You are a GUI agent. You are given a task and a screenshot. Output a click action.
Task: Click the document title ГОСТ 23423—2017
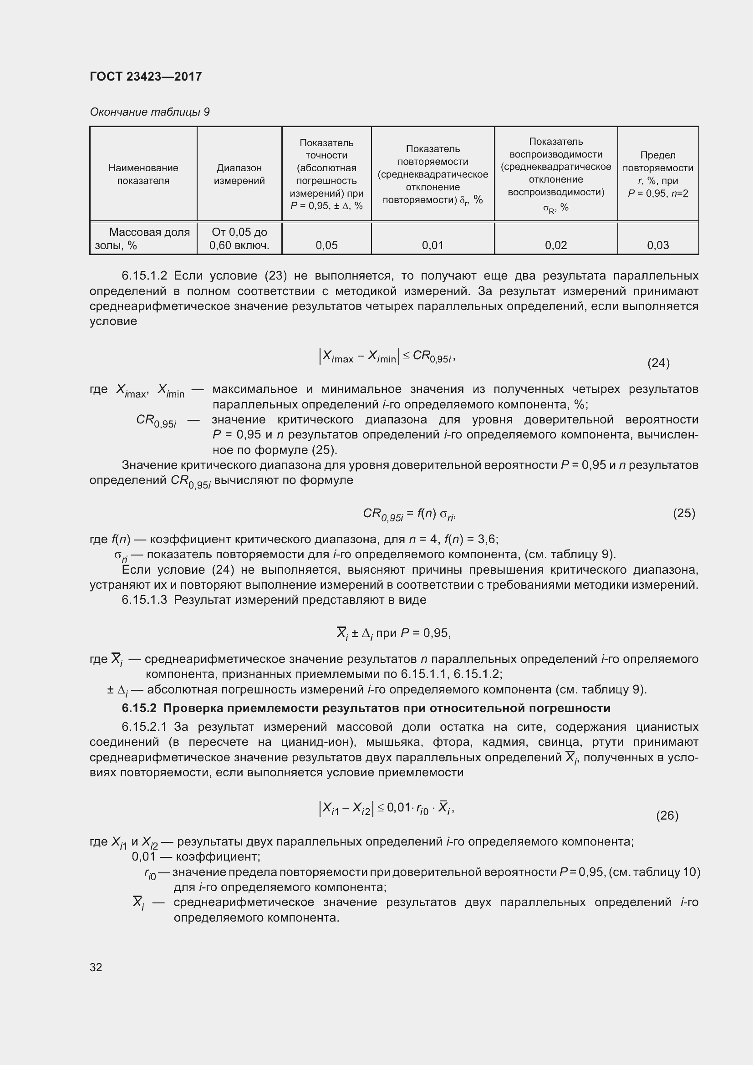pos(146,76)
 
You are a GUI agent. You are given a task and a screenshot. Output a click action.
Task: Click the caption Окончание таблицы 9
pos(149,112)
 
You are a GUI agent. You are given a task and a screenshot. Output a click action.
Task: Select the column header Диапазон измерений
pos(239,174)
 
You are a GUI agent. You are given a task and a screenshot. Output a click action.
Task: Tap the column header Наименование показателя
pos(143,174)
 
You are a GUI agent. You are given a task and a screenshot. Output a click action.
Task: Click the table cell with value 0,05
pos(326,245)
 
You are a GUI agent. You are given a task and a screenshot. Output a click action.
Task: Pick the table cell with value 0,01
pos(432,245)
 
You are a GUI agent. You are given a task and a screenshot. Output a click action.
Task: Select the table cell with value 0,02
pos(555,245)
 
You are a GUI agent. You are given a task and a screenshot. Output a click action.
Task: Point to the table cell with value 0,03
pos(657,245)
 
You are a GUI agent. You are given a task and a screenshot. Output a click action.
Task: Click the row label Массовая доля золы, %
pos(143,239)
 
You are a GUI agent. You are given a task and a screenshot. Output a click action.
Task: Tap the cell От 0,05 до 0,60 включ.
pos(239,239)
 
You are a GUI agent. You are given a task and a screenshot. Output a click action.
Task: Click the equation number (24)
pos(658,363)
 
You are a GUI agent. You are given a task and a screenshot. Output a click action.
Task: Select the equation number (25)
pos(683,513)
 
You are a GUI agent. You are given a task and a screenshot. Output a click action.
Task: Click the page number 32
pos(96,967)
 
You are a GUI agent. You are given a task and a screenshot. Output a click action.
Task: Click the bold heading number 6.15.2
pos(139,708)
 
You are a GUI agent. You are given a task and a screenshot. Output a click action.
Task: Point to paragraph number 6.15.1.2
pos(144,275)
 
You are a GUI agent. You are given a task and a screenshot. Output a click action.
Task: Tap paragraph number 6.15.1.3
pos(144,600)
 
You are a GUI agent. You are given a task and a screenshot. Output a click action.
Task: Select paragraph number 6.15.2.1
pos(144,727)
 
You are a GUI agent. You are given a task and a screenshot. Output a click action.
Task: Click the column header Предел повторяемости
pos(657,174)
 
